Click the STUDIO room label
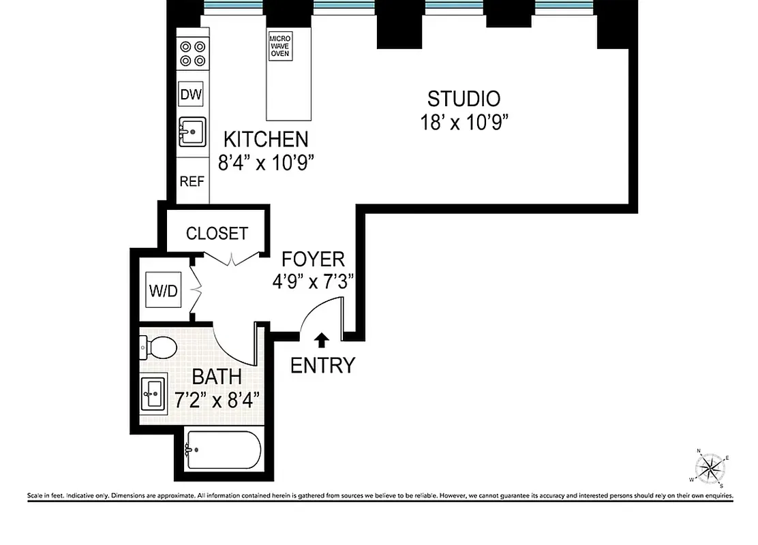click(464, 99)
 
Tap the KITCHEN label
click(267, 140)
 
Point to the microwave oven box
click(280, 45)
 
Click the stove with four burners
click(192, 53)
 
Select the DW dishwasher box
click(192, 95)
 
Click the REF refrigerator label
click(192, 181)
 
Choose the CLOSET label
click(217, 234)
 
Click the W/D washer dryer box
click(164, 292)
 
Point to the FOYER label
click(314, 259)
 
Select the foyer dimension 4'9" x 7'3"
click(314, 281)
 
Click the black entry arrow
click(322, 339)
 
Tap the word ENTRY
click(322, 366)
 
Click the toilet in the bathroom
click(160, 348)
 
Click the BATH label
click(216, 377)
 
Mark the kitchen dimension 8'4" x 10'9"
click(267, 163)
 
